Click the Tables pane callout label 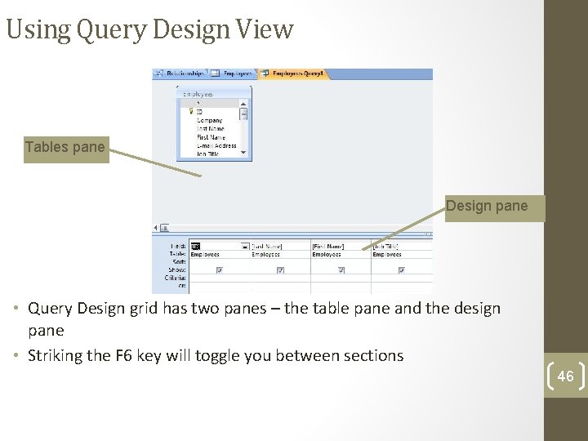[65, 148]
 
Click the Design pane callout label [487, 206]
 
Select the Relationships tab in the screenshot [183, 73]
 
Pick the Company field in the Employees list [209, 120]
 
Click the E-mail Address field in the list [216, 146]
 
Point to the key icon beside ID [191, 112]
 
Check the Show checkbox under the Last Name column [280, 269]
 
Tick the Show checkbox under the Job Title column [400, 269]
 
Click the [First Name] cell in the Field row [328, 246]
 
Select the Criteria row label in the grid [176, 278]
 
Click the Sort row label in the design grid [179, 261]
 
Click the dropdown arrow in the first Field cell [245, 246]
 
